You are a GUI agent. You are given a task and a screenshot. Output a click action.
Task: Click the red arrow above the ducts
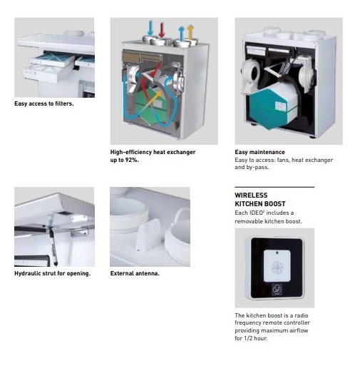pyautogui.click(x=162, y=30)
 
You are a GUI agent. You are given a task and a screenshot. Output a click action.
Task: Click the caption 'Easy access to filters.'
pyautogui.click(x=44, y=103)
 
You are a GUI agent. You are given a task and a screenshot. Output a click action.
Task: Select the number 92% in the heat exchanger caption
pyautogui.click(x=131, y=160)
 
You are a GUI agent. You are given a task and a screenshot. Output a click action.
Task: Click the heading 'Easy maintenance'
pyautogui.click(x=259, y=152)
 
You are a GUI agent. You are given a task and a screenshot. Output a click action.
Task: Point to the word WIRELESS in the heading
pyautogui.click(x=251, y=195)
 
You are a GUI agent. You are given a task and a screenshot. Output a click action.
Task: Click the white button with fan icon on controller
pyautogui.click(x=277, y=265)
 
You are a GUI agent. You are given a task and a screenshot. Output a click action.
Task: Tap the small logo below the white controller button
pyautogui.click(x=277, y=290)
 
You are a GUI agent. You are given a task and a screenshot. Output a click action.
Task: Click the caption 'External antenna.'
pyautogui.click(x=135, y=273)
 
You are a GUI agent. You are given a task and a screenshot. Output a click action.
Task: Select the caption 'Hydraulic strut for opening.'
pyautogui.click(x=52, y=273)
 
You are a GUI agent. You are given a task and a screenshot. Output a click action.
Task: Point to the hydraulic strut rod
pyautogui.click(x=53, y=245)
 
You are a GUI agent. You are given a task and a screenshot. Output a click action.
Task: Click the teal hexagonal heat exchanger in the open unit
pyautogui.click(x=272, y=108)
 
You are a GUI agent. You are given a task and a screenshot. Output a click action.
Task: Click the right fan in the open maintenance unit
pyautogui.click(x=307, y=74)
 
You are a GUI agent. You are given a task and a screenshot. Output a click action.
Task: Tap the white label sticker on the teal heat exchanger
pyautogui.click(x=282, y=106)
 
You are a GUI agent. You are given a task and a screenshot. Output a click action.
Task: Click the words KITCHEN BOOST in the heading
pyautogui.click(x=260, y=204)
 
